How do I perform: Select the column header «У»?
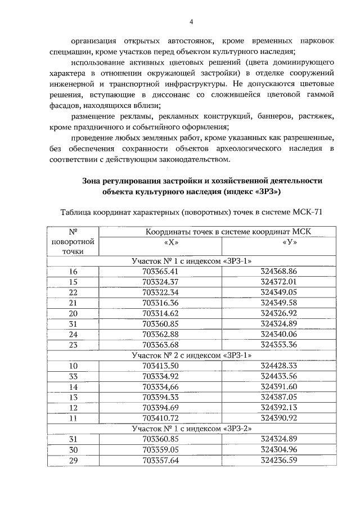(278, 242)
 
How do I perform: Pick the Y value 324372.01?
(278, 281)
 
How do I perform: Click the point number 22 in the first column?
(73, 292)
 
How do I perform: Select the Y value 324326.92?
(278, 313)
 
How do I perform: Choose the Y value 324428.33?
(278, 365)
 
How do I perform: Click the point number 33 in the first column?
(73, 376)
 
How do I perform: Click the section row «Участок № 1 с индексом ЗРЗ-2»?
(191, 428)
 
